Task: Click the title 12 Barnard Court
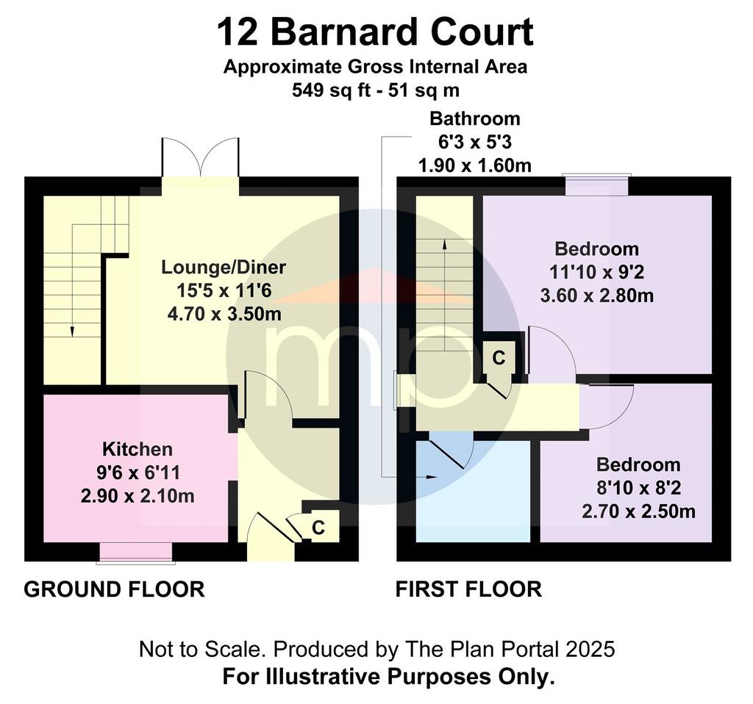375,32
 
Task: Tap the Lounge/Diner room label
224,267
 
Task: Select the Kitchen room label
138,449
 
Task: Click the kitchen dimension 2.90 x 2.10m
138,496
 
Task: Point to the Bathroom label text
474,118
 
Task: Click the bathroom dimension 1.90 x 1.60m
474,165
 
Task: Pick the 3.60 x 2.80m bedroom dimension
596,295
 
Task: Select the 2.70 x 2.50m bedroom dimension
638,511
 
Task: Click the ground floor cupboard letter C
318,528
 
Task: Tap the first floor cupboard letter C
499,358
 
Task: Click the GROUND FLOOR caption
114,589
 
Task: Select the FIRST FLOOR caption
468,589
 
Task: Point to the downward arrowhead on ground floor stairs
72,331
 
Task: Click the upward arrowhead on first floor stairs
444,244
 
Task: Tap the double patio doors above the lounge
200,158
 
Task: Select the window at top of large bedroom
596,185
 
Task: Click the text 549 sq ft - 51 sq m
375,90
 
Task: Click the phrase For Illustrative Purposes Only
388,677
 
